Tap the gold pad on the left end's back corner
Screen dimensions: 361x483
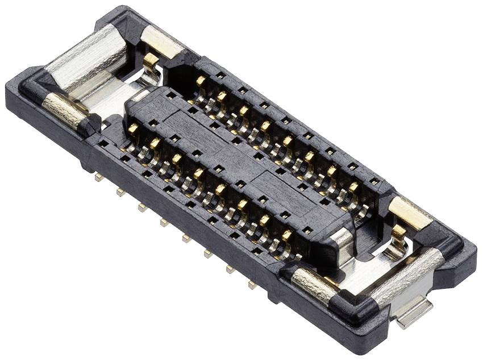161,43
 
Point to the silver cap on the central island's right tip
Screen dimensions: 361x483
342,242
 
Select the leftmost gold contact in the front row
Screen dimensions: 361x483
132,128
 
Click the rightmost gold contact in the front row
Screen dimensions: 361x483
287,234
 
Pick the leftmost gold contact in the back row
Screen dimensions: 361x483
201,81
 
